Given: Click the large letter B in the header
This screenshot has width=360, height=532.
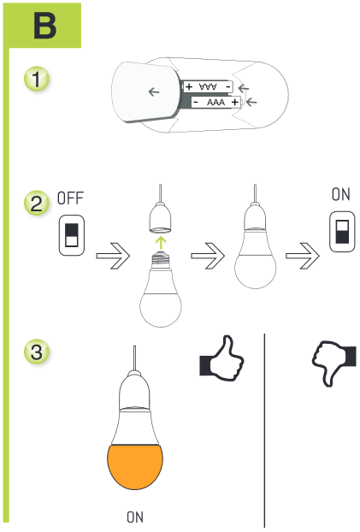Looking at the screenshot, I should (x=44, y=26).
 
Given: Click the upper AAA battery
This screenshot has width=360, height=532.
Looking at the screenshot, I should (x=208, y=87).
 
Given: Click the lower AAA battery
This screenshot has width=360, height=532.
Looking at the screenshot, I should (x=215, y=102).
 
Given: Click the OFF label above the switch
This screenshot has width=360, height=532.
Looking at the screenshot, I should (x=70, y=198).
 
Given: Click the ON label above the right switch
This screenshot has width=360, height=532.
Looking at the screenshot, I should (x=340, y=195).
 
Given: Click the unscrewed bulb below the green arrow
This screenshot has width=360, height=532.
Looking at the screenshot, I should (x=161, y=295).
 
